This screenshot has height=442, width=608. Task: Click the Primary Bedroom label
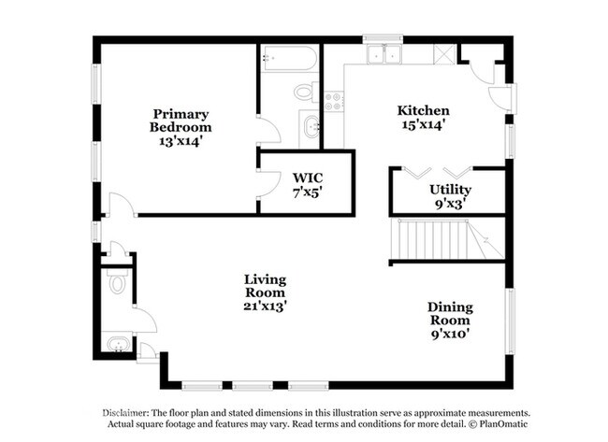click(181, 121)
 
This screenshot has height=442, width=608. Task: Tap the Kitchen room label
click(424, 110)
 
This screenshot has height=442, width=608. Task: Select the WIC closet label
click(308, 178)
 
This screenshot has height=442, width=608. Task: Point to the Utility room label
click(450, 190)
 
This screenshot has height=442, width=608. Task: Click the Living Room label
click(266, 286)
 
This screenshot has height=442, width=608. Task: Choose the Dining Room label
click(450, 313)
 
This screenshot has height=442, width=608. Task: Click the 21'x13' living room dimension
click(266, 306)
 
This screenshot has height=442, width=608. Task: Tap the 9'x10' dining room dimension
click(451, 334)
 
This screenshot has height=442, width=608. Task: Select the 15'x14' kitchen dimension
click(423, 124)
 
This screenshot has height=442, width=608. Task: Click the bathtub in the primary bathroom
click(288, 59)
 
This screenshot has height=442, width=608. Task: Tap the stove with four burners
click(334, 101)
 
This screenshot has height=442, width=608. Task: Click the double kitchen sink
click(384, 54)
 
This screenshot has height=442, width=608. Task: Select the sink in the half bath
click(119, 344)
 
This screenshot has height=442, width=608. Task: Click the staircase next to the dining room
click(447, 238)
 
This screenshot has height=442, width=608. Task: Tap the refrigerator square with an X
click(444, 54)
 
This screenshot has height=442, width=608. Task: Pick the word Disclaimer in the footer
click(126, 413)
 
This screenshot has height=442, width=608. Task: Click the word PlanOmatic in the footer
click(503, 424)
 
